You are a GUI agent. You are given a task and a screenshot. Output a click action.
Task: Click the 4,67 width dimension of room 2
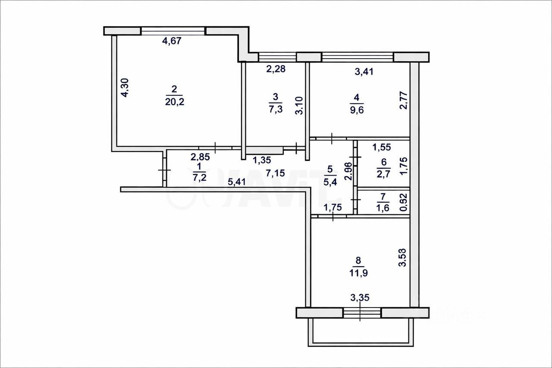click(171, 41)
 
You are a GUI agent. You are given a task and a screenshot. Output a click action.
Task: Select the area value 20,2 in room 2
click(174, 101)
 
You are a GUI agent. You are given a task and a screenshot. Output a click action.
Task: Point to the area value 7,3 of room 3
click(276, 109)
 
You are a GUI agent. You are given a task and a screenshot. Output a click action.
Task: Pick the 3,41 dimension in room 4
click(364, 72)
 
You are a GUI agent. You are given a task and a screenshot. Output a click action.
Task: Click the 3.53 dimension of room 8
click(403, 257)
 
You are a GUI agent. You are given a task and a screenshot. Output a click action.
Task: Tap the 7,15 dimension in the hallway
click(275, 173)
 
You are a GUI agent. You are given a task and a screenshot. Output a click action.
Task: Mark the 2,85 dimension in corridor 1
click(200, 157)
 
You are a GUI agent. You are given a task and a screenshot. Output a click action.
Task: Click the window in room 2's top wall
click(173, 31)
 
